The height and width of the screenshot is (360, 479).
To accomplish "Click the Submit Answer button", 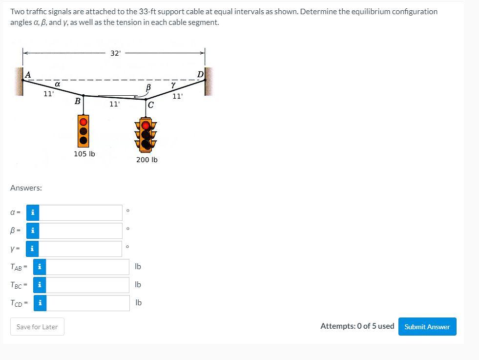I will click(427, 327).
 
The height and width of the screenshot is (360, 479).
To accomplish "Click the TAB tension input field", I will click(88, 267).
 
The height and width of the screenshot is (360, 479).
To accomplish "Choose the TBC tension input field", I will click(88, 285).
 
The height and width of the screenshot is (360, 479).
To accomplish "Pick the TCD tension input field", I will click(88, 303).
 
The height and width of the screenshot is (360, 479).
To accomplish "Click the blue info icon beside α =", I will click(33, 212).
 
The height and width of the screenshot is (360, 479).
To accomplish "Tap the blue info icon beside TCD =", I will click(40, 303).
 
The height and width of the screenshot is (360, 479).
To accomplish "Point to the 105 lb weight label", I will click(84, 154).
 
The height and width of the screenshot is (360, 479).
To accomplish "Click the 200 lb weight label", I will click(147, 160).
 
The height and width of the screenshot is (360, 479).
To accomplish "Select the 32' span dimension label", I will click(115, 53).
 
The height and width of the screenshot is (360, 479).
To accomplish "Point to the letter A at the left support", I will click(28, 75).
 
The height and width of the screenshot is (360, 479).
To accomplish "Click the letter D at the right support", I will click(200, 74).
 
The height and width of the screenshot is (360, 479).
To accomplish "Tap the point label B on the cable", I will click(77, 101).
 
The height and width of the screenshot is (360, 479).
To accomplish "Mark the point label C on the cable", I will click(150, 105).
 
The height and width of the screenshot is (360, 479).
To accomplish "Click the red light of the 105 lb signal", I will click(83, 121).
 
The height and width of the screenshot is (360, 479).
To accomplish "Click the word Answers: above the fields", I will click(26, 188).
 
